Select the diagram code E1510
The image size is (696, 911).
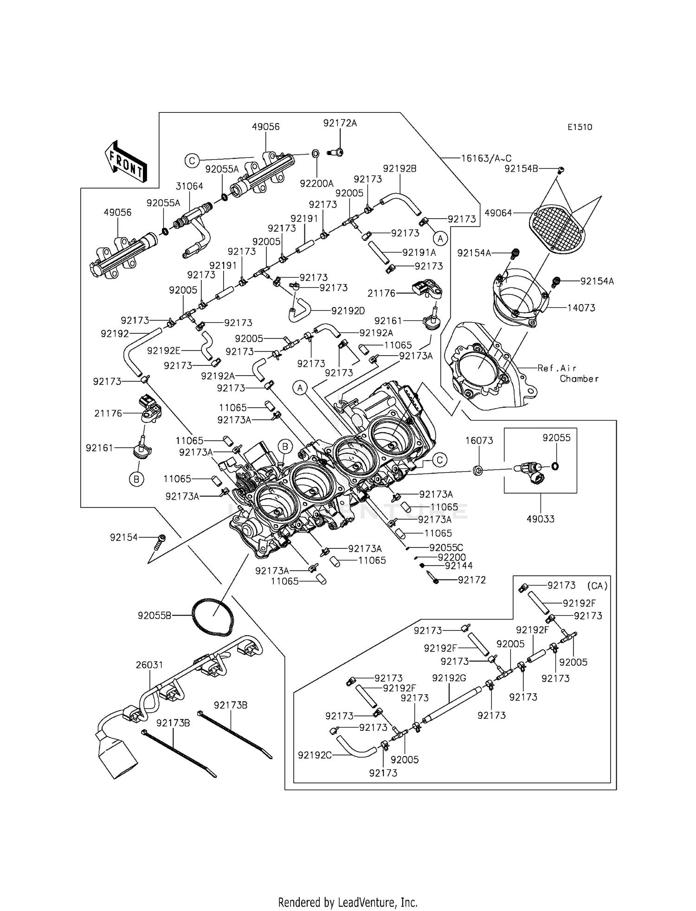click(x=580, y=127)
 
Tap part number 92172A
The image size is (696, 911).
click(x=340, y=123)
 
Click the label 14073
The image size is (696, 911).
click(x=581, y=307)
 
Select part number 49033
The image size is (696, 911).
click(x=541, y=519)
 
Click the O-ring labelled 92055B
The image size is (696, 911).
click(x=213, y=615)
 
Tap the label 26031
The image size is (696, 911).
click(x=149, y=665)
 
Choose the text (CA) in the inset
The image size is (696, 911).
click(x=597, y=586)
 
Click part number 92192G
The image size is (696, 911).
click(x=449, y=678)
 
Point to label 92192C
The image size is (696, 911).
click(x=315, y=755)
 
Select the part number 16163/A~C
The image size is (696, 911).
click(x=486, y=158)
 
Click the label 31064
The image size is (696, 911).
click(x=189, y=186)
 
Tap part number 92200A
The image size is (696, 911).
click(x=316, y=183)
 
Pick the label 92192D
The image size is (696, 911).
click(x=348, y=311)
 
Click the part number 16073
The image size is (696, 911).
click(x=479, y=440)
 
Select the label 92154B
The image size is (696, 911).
click(x=521, y=169)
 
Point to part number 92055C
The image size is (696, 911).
click(x=446, y=548)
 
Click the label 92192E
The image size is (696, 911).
click(x=164, y=351)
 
